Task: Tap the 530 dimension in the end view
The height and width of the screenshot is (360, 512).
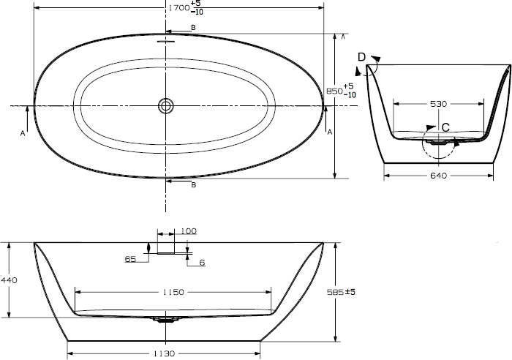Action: pos(438,104)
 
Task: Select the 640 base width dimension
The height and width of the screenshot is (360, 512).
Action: pos(438,176)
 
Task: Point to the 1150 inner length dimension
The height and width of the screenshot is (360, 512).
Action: pos(173,292)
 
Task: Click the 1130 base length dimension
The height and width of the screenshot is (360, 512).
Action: pos(164,353)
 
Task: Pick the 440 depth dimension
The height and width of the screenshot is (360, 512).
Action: pos(9,280)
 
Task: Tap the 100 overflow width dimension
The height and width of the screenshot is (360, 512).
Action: pos(189,231)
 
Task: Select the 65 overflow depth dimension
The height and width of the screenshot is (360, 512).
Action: pos(130,259)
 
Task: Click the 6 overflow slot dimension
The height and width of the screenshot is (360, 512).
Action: pos(202,263)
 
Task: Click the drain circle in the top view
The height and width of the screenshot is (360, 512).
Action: pos(166,106)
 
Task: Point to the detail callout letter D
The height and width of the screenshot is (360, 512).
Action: pos(361,57)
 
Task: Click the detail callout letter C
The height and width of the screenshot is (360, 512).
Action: pos(445,127)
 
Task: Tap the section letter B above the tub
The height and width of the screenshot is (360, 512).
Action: pos(193,28)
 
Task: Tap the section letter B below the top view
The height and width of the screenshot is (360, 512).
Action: pos(194,185)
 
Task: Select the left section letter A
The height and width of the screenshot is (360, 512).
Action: pos(23,133)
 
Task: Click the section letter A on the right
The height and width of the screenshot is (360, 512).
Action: pos(330,132)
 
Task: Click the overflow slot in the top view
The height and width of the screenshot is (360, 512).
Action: pos(166,42)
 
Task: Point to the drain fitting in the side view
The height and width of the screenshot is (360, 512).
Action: pos(166,320)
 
